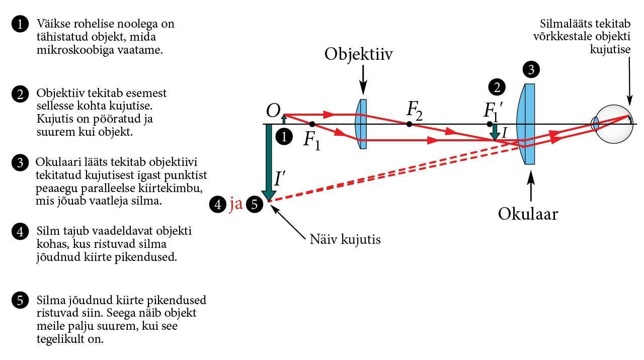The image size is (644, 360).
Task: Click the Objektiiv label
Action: [358, 54]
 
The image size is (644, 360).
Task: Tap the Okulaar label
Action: [528, 214]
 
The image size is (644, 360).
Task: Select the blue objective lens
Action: [362, 124]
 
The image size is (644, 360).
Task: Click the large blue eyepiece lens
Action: [526, 124]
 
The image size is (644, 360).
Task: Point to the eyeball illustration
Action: [613, 124]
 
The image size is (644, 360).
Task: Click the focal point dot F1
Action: [312, 124]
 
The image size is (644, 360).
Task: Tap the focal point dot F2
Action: [409, 124]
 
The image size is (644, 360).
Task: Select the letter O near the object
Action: [273, 111]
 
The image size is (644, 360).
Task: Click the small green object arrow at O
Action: [284, 119]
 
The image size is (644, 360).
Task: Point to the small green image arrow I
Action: [496, 132]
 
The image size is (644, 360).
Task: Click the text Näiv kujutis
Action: [345, 239]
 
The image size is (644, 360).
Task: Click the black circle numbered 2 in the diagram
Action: [497, 87]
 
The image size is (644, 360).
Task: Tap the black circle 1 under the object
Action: [285, 136]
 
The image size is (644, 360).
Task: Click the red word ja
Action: [236, 205]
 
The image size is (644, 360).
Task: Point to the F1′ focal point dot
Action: [489, 124]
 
